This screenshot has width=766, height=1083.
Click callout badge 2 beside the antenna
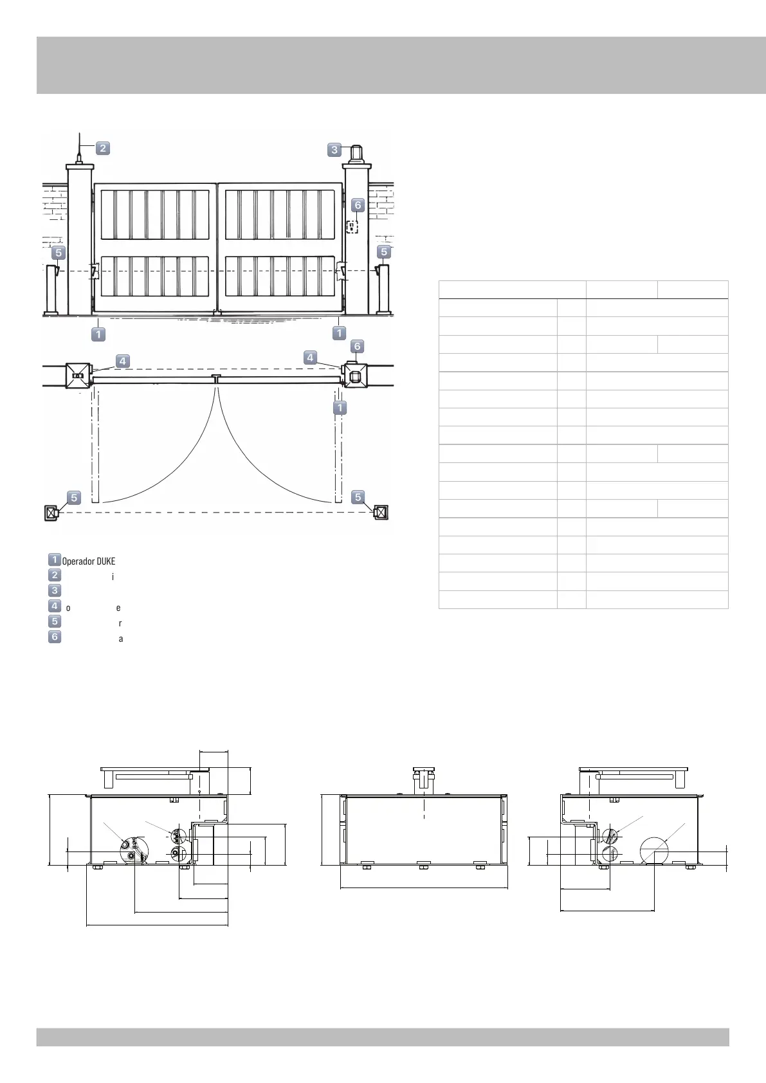(102, 148)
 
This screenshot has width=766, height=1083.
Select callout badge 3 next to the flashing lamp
(334, 150)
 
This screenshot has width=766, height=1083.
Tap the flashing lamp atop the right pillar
(356, 154)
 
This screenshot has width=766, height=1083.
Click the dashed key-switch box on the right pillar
(352, 226)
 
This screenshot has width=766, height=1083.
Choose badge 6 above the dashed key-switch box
(358, 205)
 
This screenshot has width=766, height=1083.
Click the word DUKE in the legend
(105, 561)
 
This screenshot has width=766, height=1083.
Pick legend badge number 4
(55, 606)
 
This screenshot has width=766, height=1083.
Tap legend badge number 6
(55, 637)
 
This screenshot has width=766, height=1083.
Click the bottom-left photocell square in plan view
(51, 513)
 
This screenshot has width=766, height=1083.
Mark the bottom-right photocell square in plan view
(381, 513)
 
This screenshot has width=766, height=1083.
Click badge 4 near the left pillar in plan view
(122, 361)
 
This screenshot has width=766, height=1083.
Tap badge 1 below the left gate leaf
(98, 334)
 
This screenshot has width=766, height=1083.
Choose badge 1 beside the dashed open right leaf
(340, 408)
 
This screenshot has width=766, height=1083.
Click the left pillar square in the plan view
(78, 376)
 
